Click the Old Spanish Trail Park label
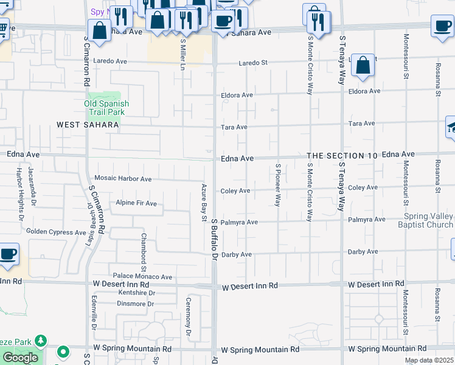(106, 108)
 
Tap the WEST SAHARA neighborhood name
(88, 125)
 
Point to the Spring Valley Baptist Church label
(429, 221)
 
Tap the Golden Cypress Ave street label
(56, 232)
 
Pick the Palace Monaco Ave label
(142, 277)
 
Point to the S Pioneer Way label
(278, 185)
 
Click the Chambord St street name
(144, 252)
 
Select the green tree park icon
(41, 341)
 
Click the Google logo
(20, 358)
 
